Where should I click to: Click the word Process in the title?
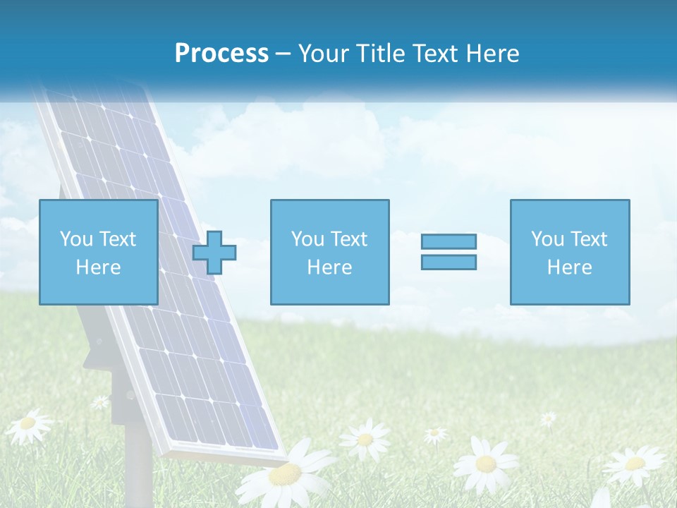click(x=221, y=54)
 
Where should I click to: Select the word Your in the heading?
click(x=324, y=54)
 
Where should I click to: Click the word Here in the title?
click(x=491, y=54)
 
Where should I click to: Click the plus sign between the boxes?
click(x=214, y=253)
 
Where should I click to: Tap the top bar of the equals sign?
click(x=449, y=241)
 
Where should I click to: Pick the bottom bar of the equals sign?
click(x=449, y=262)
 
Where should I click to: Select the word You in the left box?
click(x=76, y=239)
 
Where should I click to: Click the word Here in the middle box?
click(x=329, y=267)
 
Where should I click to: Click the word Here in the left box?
click(x=98, y=267)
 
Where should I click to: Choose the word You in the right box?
click(x=547, y=239)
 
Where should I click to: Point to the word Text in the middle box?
click(x=349, y=239)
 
